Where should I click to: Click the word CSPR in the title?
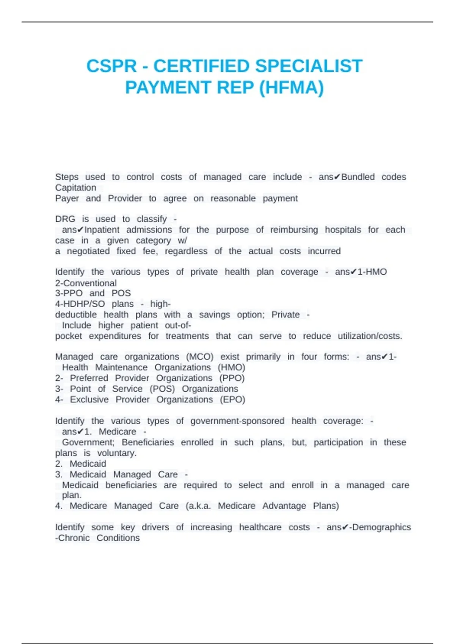pos(111,66)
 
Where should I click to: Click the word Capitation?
pos(75,188)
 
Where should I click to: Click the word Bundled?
pos(358,177)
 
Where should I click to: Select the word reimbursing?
pos(294,230)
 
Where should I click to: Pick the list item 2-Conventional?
pos(86,283)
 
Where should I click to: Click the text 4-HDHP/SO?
pos(80,304)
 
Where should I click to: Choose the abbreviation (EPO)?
pos(232,400)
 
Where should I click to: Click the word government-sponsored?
pos(237,421)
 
